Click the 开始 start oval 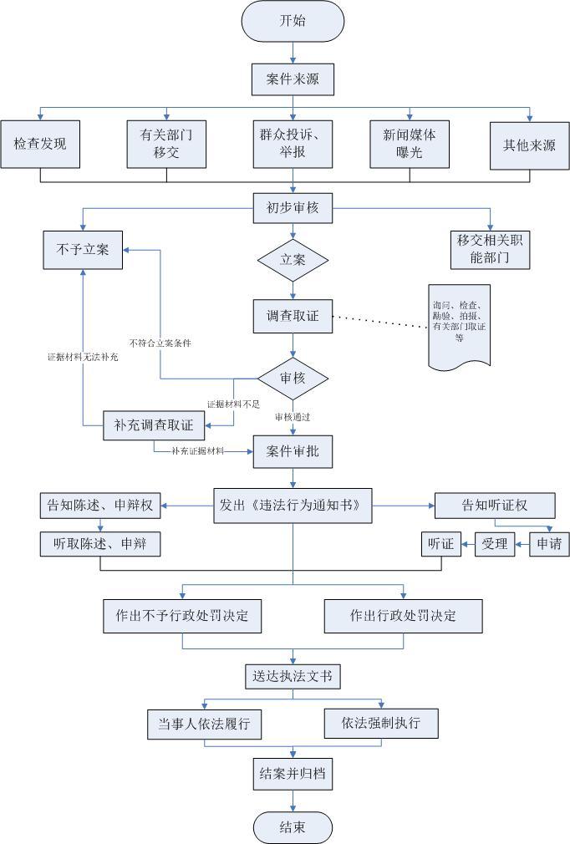(x=293, y=21)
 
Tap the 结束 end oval (x=293, y=827)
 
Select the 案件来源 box (x=293, y=80)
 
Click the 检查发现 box (x=40, y=145)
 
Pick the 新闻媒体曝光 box (x=410, y=145)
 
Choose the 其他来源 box (x=530, y=145)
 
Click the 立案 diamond (x=293, y=260)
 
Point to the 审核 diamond (x=293, y=379)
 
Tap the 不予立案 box (x=82, y=249)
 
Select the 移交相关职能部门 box (x=491, y=249)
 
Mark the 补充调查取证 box (x=154, y=425)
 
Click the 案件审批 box (x=293, y=452)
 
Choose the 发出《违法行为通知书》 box (x=293, y=506)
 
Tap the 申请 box (x=549, y=544)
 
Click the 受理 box (x=495, y=544)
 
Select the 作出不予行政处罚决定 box (x=182, y=616)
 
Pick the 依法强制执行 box (x=381, y=722)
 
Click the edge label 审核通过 (x=293, y=415)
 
